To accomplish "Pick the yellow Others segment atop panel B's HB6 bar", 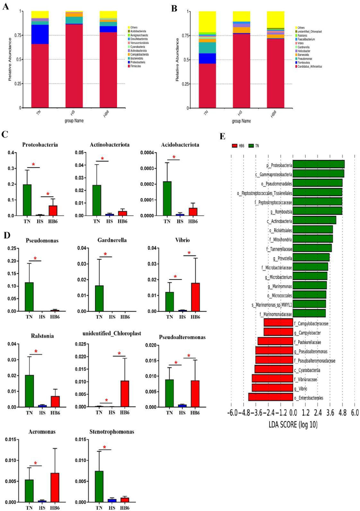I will (x=275, y=19).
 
